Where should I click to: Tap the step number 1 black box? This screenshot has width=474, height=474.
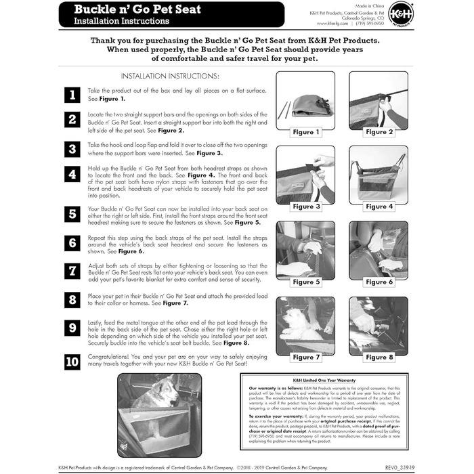click(72, 95)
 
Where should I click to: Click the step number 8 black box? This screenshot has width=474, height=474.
click(72, 299)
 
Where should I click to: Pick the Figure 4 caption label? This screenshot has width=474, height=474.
click(379, 207)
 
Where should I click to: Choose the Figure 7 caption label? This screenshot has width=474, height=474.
click(307, 357)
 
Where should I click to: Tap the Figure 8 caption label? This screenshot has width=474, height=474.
click(379, 357)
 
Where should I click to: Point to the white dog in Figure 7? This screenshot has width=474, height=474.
click(296, 325)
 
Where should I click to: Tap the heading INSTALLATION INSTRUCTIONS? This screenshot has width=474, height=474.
click(169, 77)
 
